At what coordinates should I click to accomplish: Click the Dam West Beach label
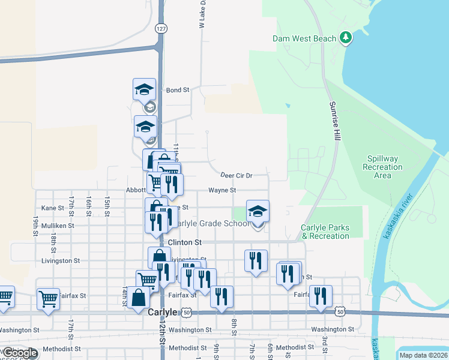click(x=304, y=38)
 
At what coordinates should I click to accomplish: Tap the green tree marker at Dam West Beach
click(x=345, y=38)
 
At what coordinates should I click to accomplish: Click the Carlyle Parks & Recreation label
click(x=325, y=232)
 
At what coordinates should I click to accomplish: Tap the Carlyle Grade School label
click(x=210, y=224)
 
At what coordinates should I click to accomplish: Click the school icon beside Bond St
click(x=144, y=90)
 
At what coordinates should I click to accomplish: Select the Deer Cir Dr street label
click(x=236, y=176)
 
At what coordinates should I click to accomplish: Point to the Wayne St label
click(x=222, y=190)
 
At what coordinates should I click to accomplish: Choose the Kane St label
click(x=53, y=208)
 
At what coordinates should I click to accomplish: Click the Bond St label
click(x=178, y=90)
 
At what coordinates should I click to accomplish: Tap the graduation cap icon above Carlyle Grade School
click(x=258, y=212)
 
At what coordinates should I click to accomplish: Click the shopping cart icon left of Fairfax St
click(x=48, y=298)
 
